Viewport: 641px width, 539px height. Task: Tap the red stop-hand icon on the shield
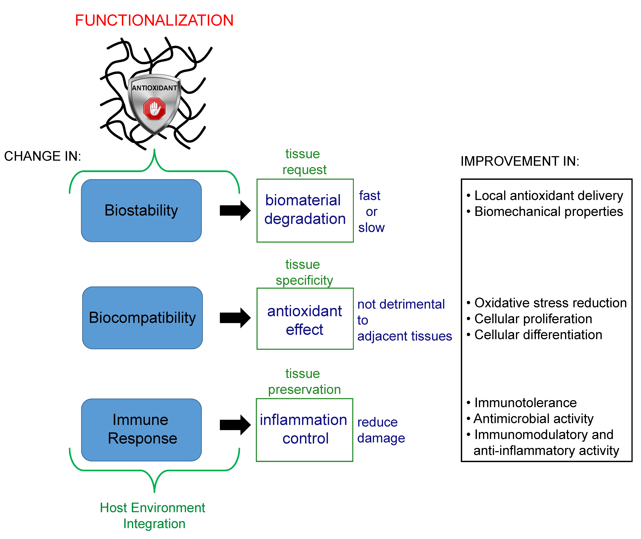click(154, 108)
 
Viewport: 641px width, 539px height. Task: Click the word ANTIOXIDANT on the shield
click(154, 88)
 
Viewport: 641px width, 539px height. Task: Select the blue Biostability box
click(141, 210)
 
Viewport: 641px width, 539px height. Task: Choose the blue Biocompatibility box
click(142, 318)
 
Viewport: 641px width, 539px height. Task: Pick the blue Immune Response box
click(141, 430)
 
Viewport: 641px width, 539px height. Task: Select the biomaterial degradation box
click(305, 210)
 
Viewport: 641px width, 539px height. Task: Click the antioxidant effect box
click(305, 319)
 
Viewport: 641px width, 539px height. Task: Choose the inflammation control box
click(304, 430)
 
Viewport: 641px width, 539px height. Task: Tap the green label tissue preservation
click(304, 381)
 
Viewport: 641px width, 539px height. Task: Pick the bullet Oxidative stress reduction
click(550, 303)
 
